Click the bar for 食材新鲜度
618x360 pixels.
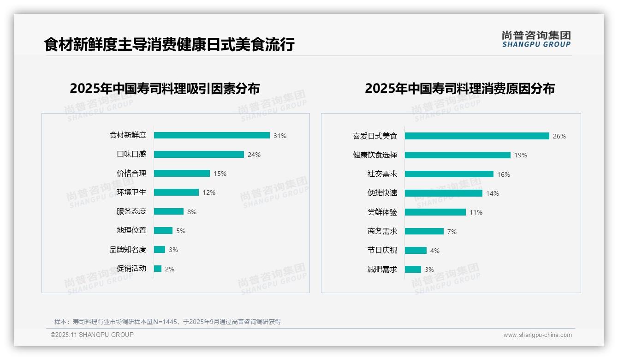212,135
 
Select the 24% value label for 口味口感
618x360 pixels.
254,155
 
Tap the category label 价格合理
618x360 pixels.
131,174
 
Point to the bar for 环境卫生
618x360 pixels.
176,192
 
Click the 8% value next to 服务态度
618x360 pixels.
192,212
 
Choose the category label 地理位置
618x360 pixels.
131,230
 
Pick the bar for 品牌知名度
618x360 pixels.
160,250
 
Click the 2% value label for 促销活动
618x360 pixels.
170,269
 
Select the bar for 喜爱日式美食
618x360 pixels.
477,136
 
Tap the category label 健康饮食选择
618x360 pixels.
375,155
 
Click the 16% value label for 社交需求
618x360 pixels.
504,174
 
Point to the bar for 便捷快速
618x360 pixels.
444,193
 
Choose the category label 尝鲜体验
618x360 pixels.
382,212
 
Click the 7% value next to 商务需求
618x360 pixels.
452,232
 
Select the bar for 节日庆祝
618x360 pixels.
416,251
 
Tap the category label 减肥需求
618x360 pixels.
382,270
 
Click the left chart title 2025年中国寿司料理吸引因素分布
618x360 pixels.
165,88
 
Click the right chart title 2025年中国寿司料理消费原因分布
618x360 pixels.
459,88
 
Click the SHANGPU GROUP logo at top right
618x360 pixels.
536,39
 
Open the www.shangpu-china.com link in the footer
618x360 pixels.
537,335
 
